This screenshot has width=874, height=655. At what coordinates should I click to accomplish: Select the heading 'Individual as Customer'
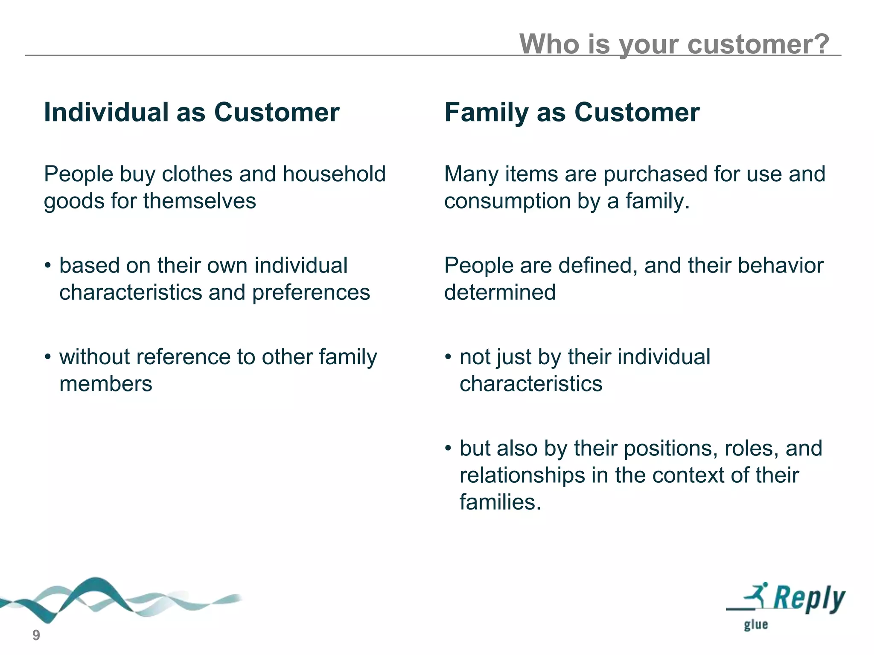[192, 113]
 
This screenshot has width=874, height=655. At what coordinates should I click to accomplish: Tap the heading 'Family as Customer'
[571, 113]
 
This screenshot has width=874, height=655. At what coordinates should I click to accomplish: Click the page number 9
[36, 635]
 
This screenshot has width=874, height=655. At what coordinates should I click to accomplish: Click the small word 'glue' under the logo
[756, 625]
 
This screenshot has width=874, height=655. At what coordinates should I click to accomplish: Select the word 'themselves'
[199, 201]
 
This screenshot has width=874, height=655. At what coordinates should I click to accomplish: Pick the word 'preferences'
[311, 293]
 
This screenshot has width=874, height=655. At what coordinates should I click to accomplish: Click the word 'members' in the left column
[105, 384]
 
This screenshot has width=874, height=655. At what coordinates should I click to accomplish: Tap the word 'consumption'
[507, 201]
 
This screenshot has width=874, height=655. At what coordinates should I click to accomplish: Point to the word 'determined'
[500, 293]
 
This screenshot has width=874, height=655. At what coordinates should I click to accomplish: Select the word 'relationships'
[522, 475]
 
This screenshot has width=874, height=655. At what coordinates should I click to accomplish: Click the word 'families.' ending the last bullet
[500, 502]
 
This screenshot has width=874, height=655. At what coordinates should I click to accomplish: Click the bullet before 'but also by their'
[448, 449]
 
